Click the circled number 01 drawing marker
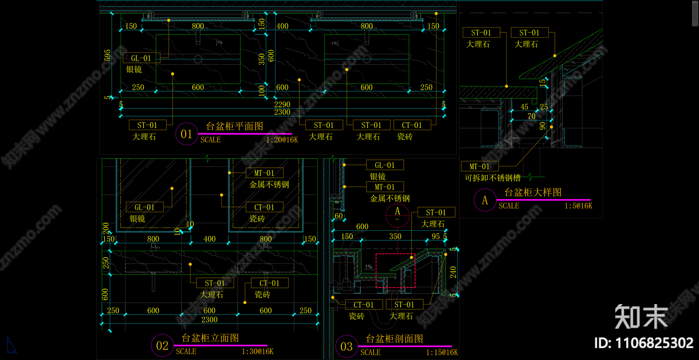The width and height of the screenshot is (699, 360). coord(187,134)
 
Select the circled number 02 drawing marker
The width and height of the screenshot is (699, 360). coord(162,346)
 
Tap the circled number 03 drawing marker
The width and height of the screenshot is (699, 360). coord(346,347)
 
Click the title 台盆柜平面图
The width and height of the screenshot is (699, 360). coord(235,126)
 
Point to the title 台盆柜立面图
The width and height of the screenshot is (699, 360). coord(210,338)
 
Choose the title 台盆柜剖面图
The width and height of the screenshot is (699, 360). coord(394,339)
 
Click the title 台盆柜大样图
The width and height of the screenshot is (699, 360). coord(533,192)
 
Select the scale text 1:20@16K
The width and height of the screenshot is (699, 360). coord(282,140)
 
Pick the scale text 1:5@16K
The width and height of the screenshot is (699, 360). coord(578,206)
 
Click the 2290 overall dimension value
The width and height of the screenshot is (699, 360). coord(282,104)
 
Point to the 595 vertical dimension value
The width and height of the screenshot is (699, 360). coord(107,55)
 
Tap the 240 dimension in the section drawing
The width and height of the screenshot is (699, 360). coord(453,272)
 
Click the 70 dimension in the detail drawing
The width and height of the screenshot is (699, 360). coord(531,116)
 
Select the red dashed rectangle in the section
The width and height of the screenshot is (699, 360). coord(395,270)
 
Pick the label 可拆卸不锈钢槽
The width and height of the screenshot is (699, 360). coord(492,178)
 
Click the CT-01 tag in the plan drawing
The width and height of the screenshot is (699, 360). coord(412,125)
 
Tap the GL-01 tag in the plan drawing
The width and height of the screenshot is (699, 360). coord(141,58)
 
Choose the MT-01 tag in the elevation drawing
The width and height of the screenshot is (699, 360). coord(264,173)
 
